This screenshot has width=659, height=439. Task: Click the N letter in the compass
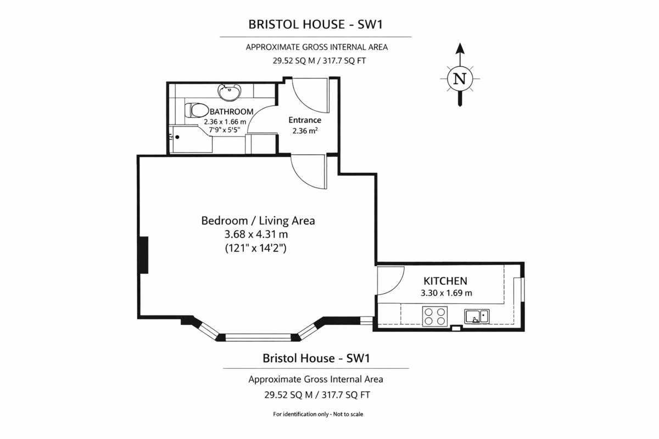pyautogui.click(x=460, y=79)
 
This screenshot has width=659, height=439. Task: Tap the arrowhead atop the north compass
pyautogui.click(x=460, y=48)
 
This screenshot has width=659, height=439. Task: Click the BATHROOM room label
pyautogui.click(x=231, y=112)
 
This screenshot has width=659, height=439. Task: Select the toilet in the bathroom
pyautogui.click(x=197, y=110)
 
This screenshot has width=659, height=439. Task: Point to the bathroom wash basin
pyautogui.click(x=230, y=92)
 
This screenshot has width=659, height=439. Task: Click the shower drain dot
pyautogui.click(x=177, y=137)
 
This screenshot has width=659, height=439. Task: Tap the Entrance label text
pyautogui.click(x=305, y=120)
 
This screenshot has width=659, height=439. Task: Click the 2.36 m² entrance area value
pyautogui.click(x=305, y=131)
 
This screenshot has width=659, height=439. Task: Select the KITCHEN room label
pyautogui.click(x=445, y=281)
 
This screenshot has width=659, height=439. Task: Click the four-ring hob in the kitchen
pyautogui.click(x=435, y=317)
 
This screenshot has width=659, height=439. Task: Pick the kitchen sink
pyautogui.click(x=477, y=317)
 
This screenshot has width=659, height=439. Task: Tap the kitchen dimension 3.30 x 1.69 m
pyautogui.click(x=446, y=293)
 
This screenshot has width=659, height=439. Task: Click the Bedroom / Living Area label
pyautogui.click(x=258, y=221)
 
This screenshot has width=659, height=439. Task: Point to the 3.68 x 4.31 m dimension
pyautogui.click(x=256, y=234)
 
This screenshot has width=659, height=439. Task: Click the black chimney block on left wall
pyautogui.click(x=144, y=255)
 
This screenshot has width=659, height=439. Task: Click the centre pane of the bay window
pyautogui.click(x=258, y=337)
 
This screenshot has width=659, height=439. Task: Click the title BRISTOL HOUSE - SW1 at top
pyautogui.click(x=316, y=24)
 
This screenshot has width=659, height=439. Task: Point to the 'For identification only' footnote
pyautogui.click(x=318, y=414)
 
